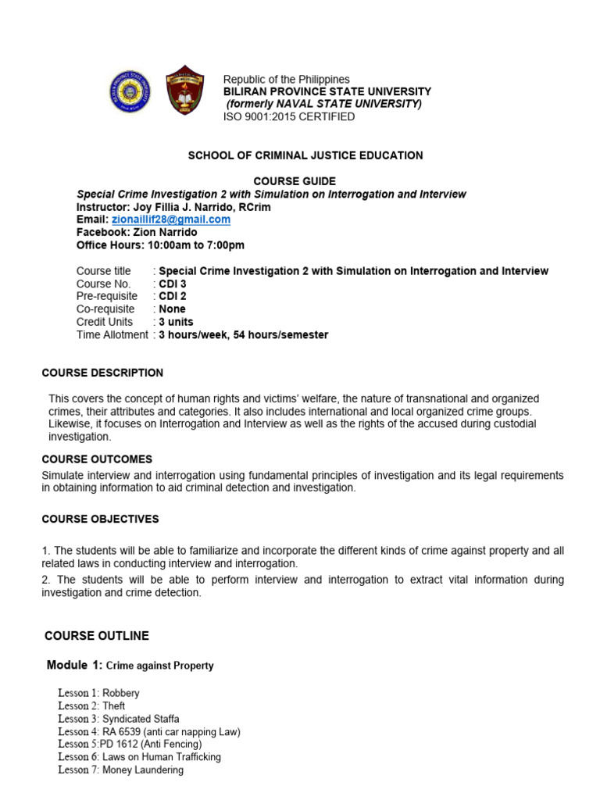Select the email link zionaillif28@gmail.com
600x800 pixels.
pyautogui.click(x=171, y=220)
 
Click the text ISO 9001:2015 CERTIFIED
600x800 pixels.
pyautogui.click(x=289, y=116)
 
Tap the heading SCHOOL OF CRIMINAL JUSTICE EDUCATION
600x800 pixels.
pyautogui.click(x=305, y=155)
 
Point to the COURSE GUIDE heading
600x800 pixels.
pyautogui.click(x=305, y=181)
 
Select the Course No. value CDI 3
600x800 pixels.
pyautogui.click(x=172, y=284)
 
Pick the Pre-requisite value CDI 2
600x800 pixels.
pyautogui.click(x=172, y=296)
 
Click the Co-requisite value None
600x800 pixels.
pyautogui.click(x=172, y=309)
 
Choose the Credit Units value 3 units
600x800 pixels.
pyautogui.click(x=176, y=322)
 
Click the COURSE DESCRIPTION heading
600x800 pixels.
pyautogui.click(x=102, y=373)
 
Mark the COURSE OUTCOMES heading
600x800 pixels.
pyautogui.click(x=97, y=459)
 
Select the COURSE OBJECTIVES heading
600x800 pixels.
pyautogui.click(x=100, y=519)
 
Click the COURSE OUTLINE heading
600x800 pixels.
pyautogui.click(x=97, y=635)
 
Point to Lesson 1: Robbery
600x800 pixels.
pyautogui.click(x=98, y=693)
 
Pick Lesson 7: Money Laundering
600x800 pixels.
pyautogui.click(x=120, y=770)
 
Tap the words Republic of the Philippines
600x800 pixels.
pyautogui.click(x=287, y=80)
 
